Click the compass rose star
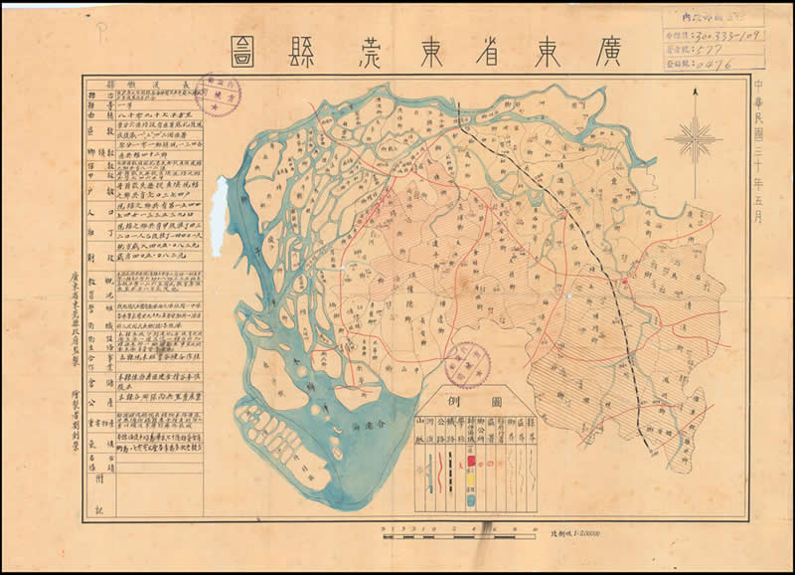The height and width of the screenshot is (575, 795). point(694,136)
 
